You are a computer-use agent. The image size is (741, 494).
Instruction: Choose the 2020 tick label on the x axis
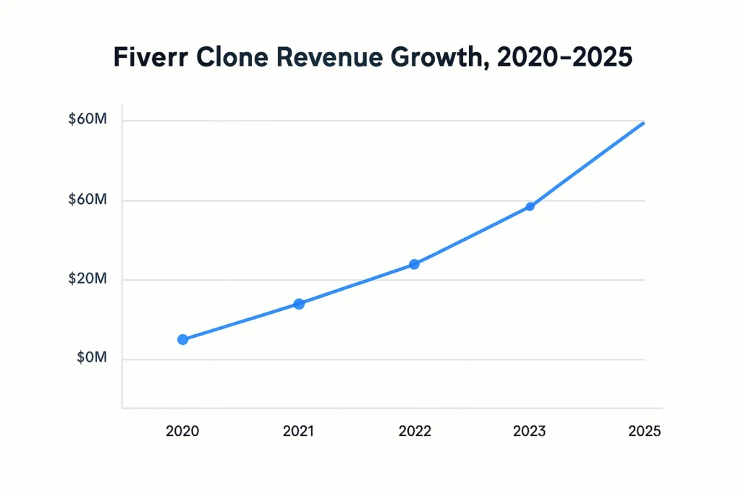pyautogui.click(x=182, y=432)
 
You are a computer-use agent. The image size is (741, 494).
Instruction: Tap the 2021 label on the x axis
pyautogui.click(x=298, y=432)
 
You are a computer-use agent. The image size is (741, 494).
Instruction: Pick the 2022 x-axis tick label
pyautogui.click(x=415, y=432)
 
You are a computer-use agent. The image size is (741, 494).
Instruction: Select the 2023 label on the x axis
pyautogui.click(x=530, y=432)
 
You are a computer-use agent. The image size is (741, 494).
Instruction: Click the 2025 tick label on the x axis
pyautogui.click(x=644, y=432)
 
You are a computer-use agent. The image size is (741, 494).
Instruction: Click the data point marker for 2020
pyautogui.click(x=182, y=339)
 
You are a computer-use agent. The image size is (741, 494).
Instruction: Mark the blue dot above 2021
pyautogui.click(x=299, y=304)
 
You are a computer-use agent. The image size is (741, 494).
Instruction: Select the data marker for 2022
pyautogui.click(x=414, y=264)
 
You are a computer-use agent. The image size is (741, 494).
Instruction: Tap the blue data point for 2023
pyautogui.click(x=530, y=206)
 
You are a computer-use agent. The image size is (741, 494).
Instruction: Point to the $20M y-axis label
pyautogui.click(x=88, y=279)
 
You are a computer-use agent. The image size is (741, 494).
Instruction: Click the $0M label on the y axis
pyautogui.click(x=91, y=358)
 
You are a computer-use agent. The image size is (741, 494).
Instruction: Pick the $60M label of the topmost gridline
pyautogui.click(x=88, y=120)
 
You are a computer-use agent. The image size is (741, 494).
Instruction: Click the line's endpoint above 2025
pyautogui.click(x=643, y=124)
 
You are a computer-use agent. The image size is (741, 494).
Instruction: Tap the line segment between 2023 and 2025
pyautogui.click(x=586, y=166)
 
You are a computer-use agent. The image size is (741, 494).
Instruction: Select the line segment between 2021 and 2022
pyautogui.click(x=356, y=285)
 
